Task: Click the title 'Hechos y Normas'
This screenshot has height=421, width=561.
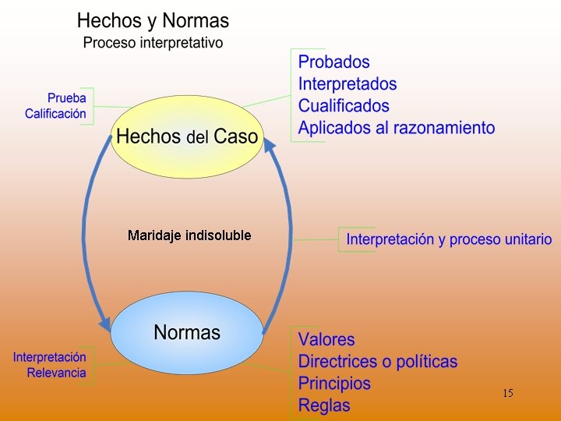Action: point(153,20)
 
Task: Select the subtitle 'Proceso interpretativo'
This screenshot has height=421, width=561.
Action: point(153,42)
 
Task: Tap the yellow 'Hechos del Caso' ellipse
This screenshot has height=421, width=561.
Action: point(186,136)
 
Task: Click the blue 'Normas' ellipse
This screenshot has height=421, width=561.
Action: point(187,333)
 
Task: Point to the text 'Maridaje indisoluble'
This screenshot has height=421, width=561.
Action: point(189,235)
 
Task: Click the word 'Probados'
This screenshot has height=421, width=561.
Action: point(333,62)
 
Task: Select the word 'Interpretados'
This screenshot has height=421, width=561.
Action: point(347,83)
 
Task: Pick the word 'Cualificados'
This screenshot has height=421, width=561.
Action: point(344,105)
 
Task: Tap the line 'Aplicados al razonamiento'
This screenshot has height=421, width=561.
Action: point(396,127)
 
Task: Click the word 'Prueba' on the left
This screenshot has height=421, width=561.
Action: point(66,99)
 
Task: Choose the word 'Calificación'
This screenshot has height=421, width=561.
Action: point(55,114)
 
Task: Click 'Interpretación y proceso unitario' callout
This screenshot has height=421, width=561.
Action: point(449,239)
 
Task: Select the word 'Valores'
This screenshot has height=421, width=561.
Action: point(326,340)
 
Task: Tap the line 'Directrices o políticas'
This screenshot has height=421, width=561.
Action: point(378,362)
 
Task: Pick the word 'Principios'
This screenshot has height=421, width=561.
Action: point(334,384)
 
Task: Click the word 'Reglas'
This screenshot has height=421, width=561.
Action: point(324,405)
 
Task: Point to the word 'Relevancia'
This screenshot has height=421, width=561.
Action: point(56,373)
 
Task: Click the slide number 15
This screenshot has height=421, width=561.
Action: point(507,393)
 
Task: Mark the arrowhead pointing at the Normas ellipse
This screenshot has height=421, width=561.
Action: point(104,323)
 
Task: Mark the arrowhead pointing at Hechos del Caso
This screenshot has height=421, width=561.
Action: point(269,145)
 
